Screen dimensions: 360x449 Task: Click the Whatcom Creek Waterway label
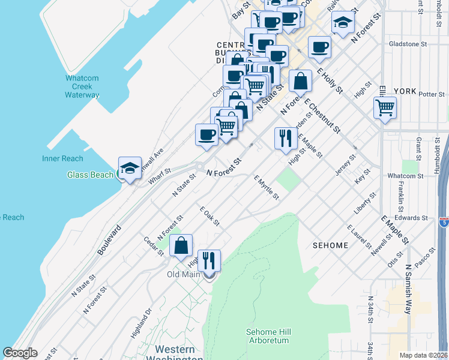coord(82,86)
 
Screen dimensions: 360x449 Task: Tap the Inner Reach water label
coord(62,158)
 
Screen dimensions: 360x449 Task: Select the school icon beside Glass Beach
coord(130,169)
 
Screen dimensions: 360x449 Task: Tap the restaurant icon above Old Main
coord(209,261)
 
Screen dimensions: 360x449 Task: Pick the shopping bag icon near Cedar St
coord(181,245)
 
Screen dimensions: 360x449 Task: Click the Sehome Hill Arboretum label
coord(268,336)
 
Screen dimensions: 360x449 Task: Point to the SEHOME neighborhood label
coord(331,245)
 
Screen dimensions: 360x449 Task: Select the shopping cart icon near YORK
coord(385,109)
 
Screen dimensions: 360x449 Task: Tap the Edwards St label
coord(415,218)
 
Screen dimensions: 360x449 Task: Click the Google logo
coord(20,353)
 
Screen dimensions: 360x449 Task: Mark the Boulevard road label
coord(109,240)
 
